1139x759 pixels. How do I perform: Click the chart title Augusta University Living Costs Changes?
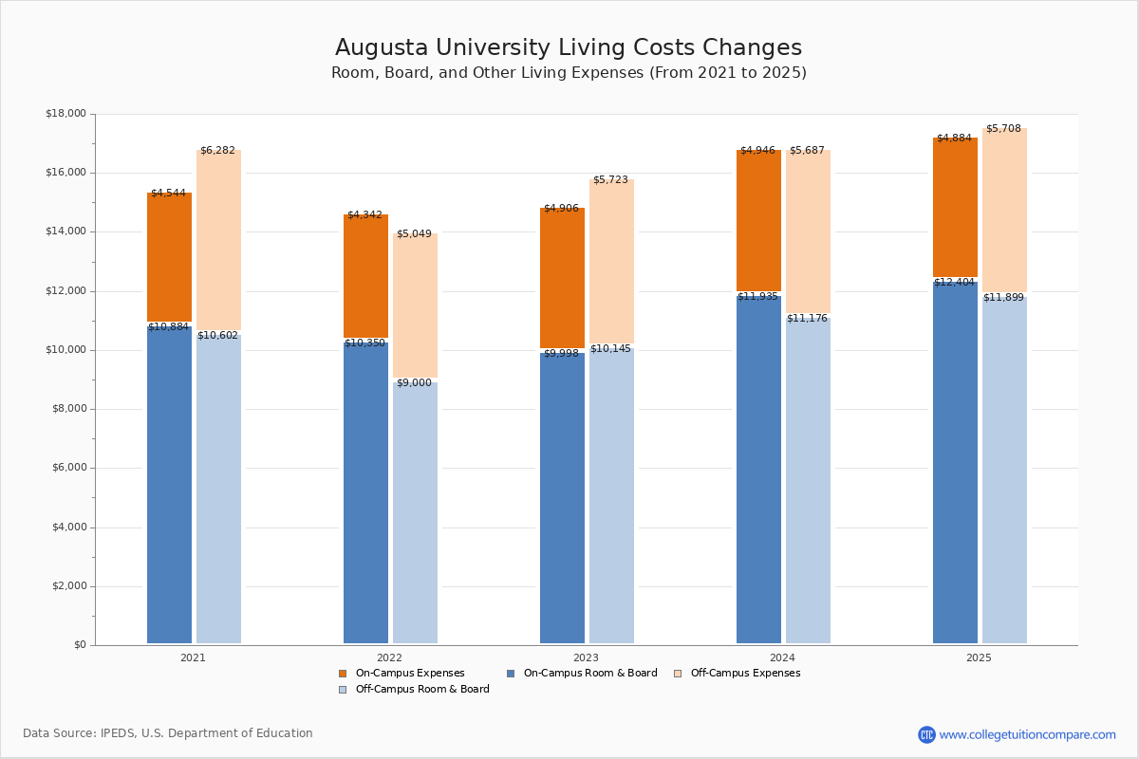pyautogui.click(x=568, y=48)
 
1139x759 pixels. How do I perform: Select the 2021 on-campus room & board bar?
pyautogui.click(x=169, y=484)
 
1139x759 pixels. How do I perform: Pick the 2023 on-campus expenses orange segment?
pyautogui.click(x=562, y=277)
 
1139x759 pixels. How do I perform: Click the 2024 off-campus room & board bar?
pyautogui.click(x=808, y=479)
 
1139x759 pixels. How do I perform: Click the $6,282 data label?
pyautogui.click(x=217, y=150)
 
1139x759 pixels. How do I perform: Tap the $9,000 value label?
pyautogui.click(x=414, y=383)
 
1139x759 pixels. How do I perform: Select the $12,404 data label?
pyautogui.click(x=954, y=283)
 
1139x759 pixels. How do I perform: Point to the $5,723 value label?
pyautogui.click(x=610, y=179)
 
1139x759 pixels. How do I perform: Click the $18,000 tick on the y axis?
pyautogui.click(x=65, y=114)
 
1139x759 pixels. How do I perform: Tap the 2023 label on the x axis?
pyautogui.click(x=586, y=657)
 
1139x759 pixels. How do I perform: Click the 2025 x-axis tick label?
pyautogui.click(x=979, y=657)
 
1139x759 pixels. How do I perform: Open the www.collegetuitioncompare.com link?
pyautogui.click(x=1027, y=734)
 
